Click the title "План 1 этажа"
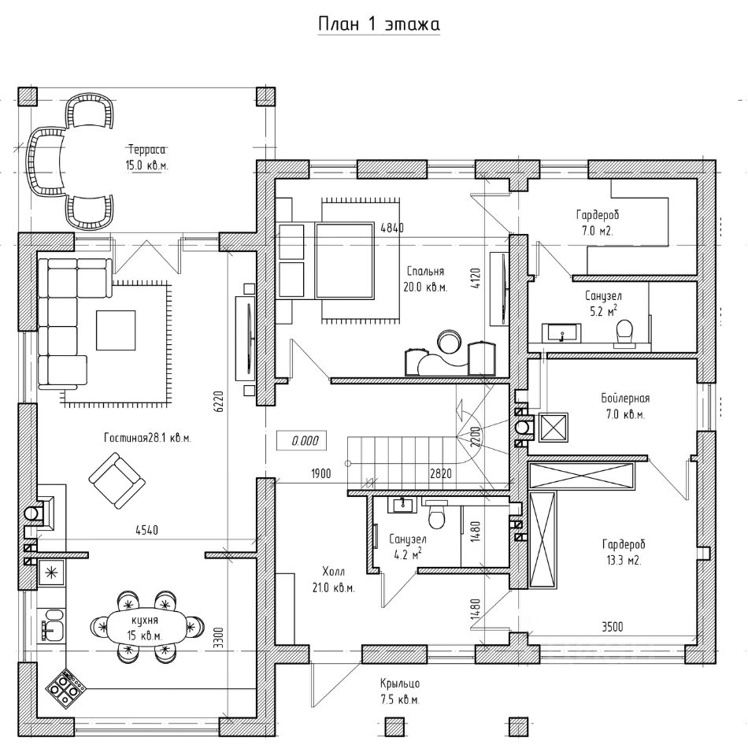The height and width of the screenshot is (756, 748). coord(379,24)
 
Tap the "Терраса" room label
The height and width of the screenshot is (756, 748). coord(147,150)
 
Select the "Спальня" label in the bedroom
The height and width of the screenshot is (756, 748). coord(425,271)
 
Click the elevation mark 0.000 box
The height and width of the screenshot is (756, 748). coord(302,441)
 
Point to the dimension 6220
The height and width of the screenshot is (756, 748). coord(220,401)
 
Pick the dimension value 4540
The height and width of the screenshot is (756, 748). coord(146,531)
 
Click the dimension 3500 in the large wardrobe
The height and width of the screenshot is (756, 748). coord(612,627)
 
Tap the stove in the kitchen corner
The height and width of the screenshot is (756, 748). coord(64,685)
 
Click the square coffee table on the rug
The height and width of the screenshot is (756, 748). coord(116,330)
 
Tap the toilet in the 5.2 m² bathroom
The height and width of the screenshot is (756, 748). coord(625,332)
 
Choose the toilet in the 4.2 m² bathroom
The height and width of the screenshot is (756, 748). coord(438,516)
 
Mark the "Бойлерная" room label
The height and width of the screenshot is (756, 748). coord(625,398)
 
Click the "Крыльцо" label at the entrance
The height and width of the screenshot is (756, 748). coord(399,684)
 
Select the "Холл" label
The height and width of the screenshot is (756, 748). coord(334,573)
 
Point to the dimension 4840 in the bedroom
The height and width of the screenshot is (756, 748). coord(392,228)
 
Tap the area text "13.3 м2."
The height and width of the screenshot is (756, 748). coord(622,561)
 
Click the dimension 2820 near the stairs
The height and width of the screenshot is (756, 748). coord(440,474)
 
